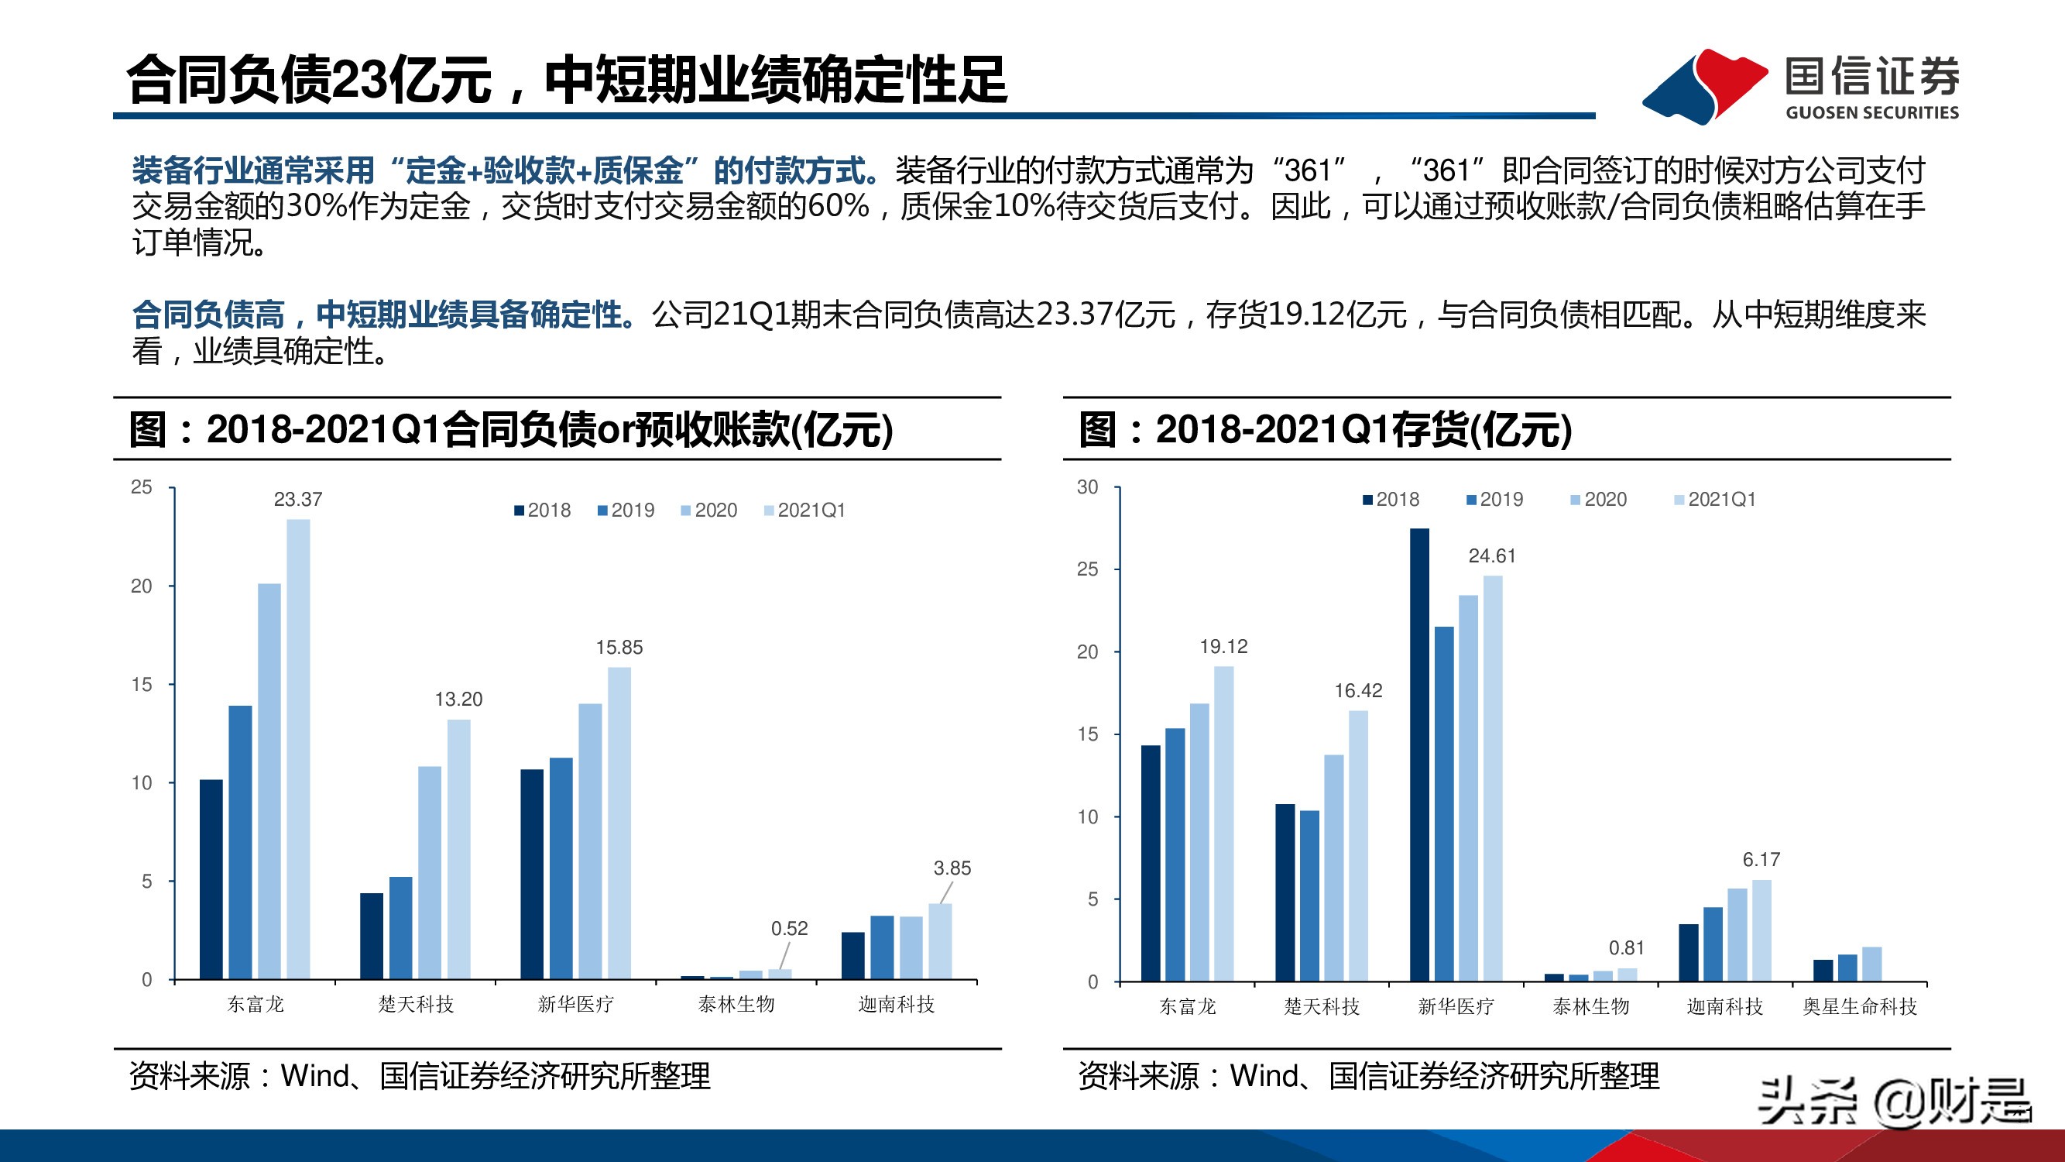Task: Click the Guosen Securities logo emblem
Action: click(1703, 86)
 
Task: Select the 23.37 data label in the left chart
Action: click(297, 500)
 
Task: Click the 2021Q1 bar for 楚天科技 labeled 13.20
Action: click(458, 848)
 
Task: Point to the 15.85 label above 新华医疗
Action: click(619, 647)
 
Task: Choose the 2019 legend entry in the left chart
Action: click(626, 510)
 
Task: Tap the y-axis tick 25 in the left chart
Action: click(141, 486)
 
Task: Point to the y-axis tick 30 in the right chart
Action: click(1087, 486)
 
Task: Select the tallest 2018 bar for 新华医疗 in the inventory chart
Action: click(1419, 754)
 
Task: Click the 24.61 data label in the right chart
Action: click(1491, 555)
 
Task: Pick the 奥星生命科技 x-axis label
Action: click(1859, 1006)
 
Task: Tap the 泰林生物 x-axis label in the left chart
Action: click(736, 1004)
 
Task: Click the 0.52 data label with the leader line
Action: click(789, 929)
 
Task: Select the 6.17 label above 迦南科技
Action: click(1761, 860)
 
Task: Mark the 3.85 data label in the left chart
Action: click(952, 868)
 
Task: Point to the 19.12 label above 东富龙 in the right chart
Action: click(1223, 646)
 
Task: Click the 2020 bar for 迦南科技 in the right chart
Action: click(1737, 934)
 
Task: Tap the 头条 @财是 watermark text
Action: click(1894, 1102)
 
